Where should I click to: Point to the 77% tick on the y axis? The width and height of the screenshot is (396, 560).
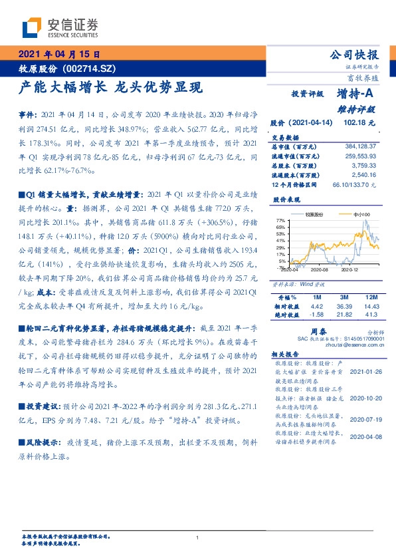click(x=280, y=219)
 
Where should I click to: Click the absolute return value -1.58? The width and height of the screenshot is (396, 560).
click(x=317, y=313)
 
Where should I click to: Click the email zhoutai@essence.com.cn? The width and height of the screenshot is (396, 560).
click(x=353, y=346)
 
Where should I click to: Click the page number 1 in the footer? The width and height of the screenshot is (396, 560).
click(x=198, y=537)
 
